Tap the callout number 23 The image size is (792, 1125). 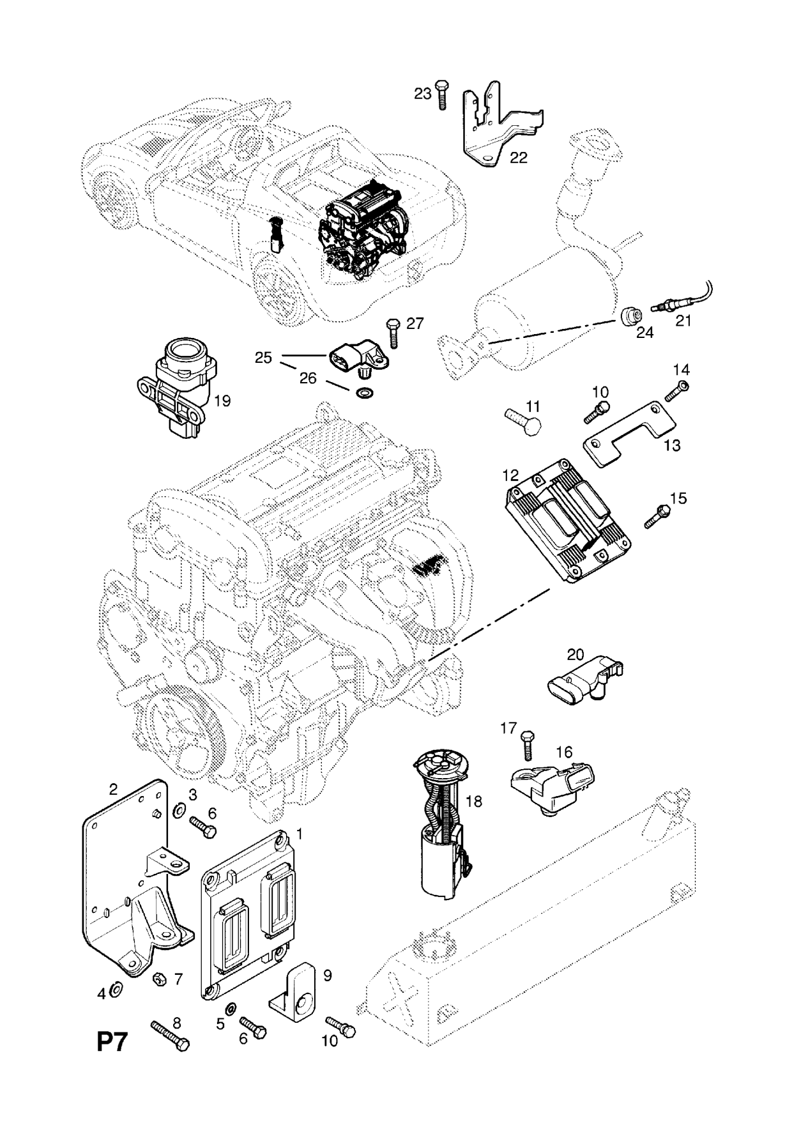click(423, 93)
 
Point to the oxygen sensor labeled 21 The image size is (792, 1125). click(671, 306)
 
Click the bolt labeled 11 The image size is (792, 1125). click(522, 422)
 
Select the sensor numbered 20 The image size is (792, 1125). click(584, 677)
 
